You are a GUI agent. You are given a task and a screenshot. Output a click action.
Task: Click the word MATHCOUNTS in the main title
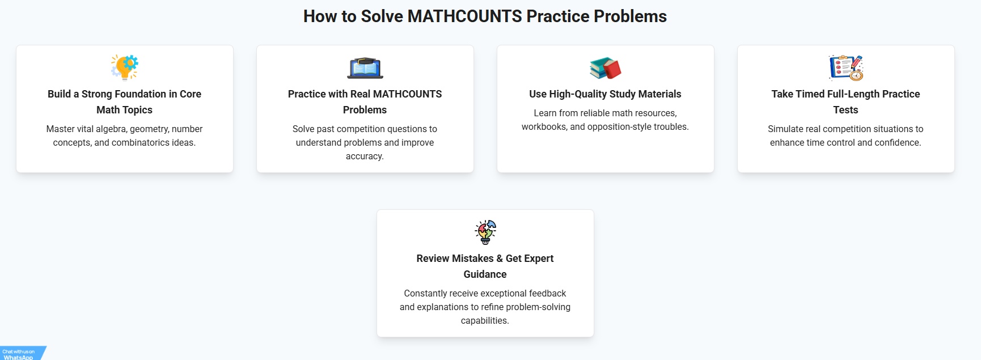464,16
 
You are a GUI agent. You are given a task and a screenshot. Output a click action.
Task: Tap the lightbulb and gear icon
125,67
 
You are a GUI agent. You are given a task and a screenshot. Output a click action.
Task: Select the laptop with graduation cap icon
365,67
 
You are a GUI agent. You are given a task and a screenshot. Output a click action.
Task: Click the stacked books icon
606,68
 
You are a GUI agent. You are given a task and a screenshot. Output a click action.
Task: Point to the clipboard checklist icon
846,67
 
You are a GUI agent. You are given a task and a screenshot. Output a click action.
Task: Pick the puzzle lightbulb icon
485,232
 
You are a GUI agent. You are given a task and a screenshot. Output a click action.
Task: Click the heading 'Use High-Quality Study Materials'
606,94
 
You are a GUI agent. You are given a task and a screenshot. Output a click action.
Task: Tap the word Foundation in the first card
141,94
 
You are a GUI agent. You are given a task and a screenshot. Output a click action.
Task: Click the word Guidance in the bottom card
485,274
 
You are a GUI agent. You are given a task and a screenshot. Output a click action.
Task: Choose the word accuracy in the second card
364,156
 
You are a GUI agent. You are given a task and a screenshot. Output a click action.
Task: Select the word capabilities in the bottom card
484,321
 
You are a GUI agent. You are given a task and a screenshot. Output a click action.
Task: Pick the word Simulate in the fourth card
786,129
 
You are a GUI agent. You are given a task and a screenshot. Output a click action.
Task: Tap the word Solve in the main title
382,16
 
